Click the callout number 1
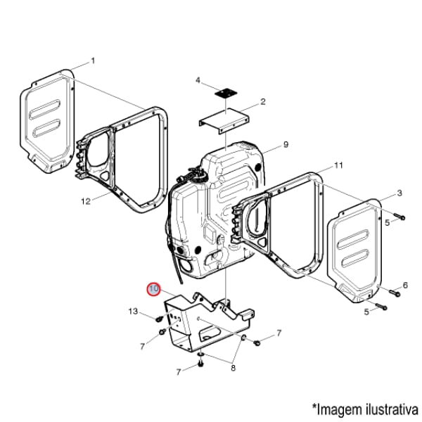click(93, 60)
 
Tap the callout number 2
click(263, 102)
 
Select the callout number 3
click(399, 193)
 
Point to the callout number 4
click(198, 80)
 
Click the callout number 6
click(405, 285)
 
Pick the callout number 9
click(286, 144)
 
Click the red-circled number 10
click(153, 289)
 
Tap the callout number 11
click(338, 165)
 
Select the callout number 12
click(86, 201)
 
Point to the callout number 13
click(133, 312)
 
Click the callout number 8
click(234, 368)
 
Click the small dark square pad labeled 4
click(226, 93)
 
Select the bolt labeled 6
click(394, 293)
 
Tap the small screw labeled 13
click(159, 319)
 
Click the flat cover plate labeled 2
click(224, 121)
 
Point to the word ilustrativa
click(392, 409)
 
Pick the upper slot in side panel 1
click(45, 110)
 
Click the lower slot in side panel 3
click(355, 259)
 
